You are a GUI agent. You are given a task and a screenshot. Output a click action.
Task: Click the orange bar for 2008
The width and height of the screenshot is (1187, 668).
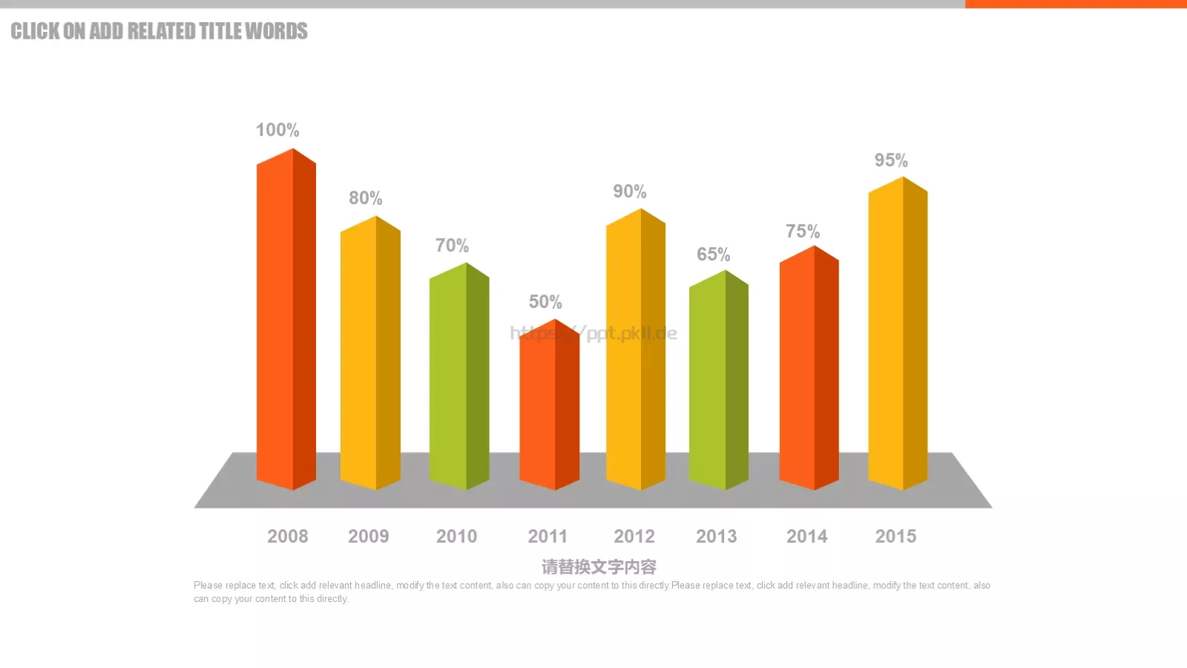point(286,319)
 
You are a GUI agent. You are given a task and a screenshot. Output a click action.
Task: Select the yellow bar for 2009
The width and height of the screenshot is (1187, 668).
point(370,353)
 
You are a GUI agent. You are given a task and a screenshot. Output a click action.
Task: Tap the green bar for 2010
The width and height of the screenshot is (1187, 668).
point(459,376)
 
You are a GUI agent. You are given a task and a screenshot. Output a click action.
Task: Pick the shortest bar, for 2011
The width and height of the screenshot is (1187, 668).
point(549,405)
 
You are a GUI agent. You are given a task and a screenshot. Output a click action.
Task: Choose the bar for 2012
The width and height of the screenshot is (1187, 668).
point(635,349)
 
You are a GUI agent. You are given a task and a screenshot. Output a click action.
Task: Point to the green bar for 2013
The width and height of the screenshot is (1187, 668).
point(719,379)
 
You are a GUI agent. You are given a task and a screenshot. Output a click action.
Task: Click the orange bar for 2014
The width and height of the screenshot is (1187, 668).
point(809,367)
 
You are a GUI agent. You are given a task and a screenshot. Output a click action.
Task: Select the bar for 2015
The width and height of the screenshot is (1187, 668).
point(898,333)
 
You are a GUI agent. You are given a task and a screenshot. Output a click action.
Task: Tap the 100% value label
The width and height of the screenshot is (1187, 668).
point(277,130)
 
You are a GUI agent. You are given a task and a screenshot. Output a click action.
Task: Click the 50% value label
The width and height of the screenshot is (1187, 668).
point(545,301)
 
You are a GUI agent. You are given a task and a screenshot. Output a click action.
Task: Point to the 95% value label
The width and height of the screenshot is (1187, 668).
point(891,160)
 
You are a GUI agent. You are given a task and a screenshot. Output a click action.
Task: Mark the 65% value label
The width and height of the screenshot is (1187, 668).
point(713,255)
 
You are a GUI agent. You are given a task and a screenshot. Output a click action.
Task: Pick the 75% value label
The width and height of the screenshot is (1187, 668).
point(803,231)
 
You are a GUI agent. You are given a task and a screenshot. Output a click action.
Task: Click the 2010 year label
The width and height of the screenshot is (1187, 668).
point(456,537)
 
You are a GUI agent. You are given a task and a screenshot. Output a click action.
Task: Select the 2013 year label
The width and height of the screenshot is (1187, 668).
point(716,537)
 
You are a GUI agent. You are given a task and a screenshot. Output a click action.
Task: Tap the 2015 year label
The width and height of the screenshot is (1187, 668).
point(895,537)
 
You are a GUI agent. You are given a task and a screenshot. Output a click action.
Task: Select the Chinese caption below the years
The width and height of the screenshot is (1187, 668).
point(599,567)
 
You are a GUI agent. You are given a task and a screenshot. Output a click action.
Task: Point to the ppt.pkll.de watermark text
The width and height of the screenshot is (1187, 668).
point(593,333)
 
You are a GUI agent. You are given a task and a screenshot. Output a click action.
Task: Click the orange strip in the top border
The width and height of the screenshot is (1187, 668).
point(1076,4)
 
